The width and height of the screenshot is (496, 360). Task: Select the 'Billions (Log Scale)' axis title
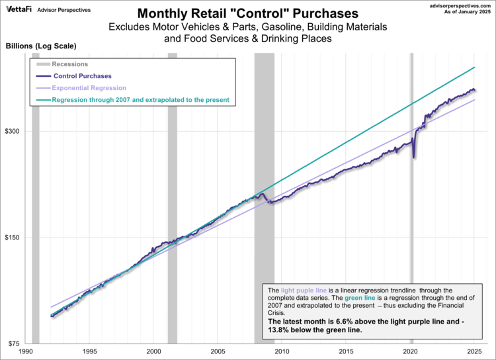click(41, 46)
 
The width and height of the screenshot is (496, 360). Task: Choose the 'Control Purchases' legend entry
click(83, 76)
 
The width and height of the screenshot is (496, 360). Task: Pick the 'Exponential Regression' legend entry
click(89, 88)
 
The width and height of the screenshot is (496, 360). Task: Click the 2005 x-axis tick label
click(218, 352)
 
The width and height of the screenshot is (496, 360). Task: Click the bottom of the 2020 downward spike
click(413, 157)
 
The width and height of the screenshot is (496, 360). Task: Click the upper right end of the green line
click(475, 67)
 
